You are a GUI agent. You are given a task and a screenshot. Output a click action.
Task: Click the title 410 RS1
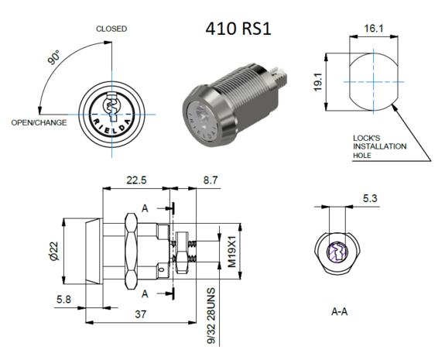(238, 29)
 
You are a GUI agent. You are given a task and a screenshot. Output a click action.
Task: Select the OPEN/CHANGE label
(38, 122)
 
